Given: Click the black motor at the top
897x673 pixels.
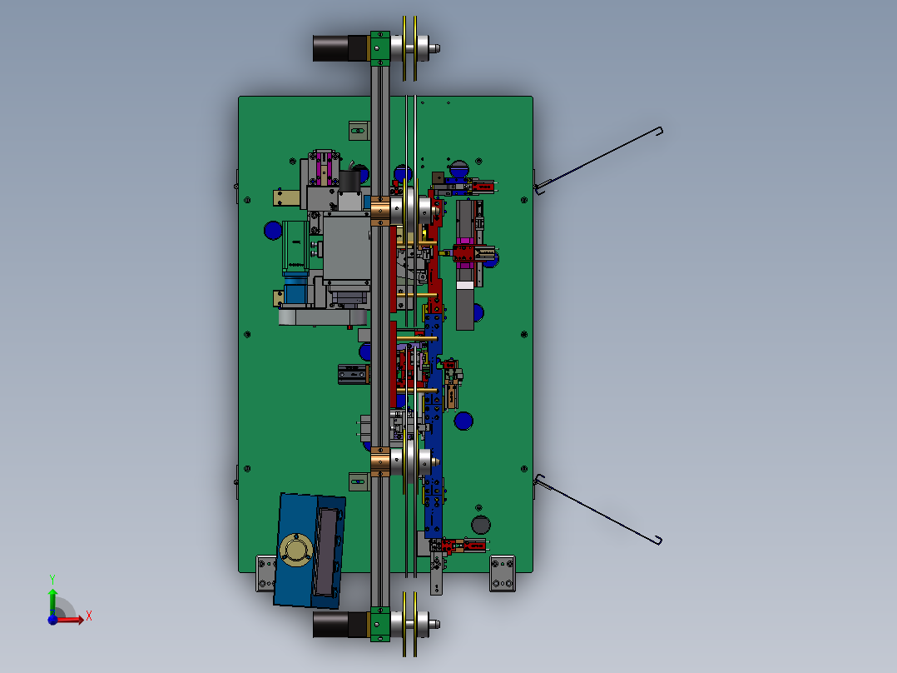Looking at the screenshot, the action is point(341,48).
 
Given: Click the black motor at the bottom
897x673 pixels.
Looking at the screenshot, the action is point(341,624).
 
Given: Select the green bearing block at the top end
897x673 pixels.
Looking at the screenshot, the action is point(379,48).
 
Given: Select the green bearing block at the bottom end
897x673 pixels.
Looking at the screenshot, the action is point(379,625).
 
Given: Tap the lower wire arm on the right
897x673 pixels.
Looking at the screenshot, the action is point(598,509).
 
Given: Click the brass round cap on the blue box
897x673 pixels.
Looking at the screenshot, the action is point(295,550).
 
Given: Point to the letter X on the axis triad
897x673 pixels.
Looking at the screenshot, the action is point(89,616).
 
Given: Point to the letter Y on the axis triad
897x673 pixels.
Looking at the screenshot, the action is point(52,579).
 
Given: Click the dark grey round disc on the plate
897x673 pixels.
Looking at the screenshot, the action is point(481,524).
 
